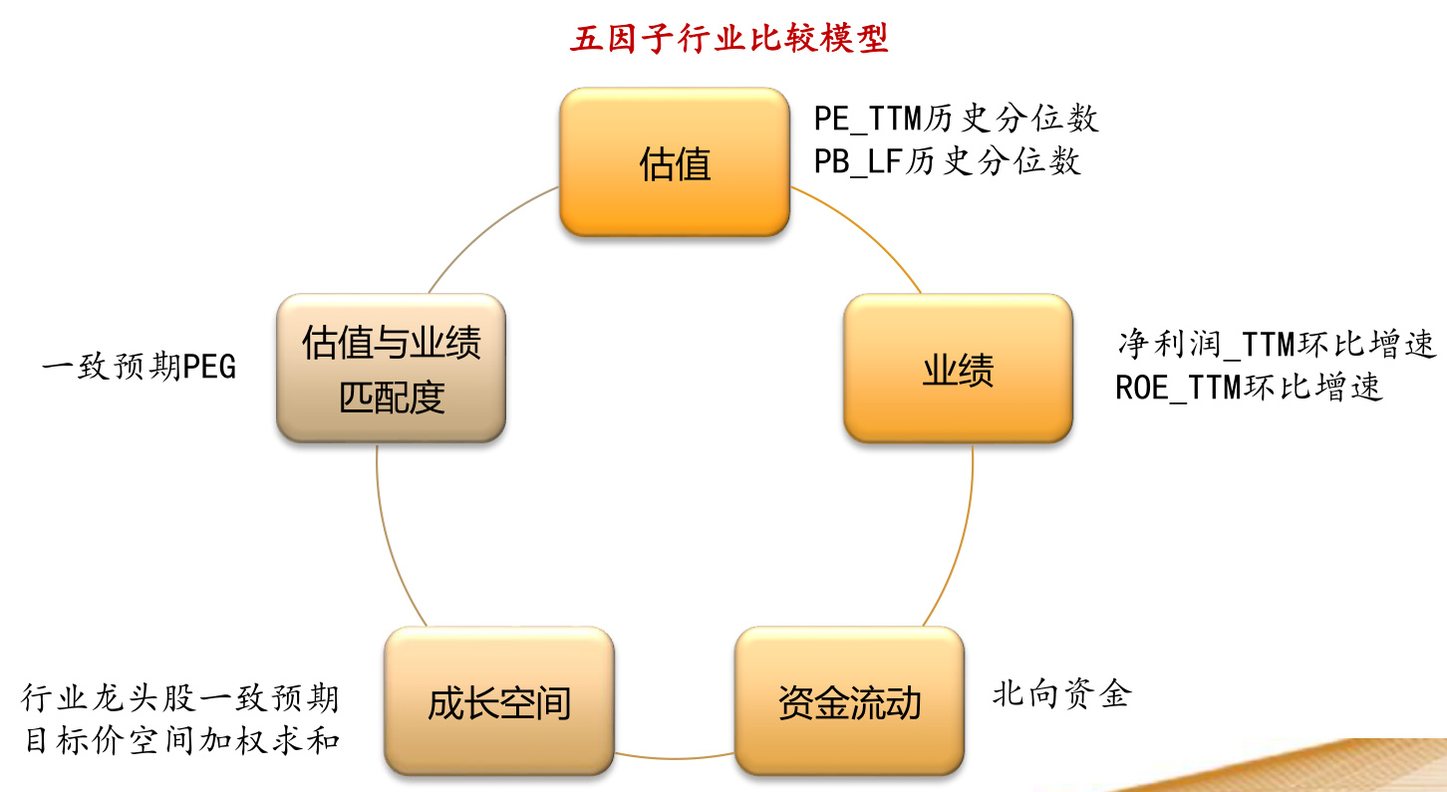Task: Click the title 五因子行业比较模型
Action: pos(728,39)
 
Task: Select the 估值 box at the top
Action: pos(675,162)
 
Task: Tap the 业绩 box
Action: pos(958,370)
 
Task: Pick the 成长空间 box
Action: pos(499,702)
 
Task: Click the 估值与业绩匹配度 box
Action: pos(391,369)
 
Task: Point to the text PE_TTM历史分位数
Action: pos(956,120)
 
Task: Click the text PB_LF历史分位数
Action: pos(947,161)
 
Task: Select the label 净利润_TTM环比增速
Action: pos(1277,345)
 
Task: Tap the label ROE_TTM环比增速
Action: pos(1249,387)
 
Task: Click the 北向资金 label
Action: pos(1060,693)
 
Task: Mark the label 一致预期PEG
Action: pos(139,368)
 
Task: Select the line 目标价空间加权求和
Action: pos(180,741)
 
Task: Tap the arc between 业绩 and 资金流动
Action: pos(962,538)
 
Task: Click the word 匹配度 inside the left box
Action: pos(391,396)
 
